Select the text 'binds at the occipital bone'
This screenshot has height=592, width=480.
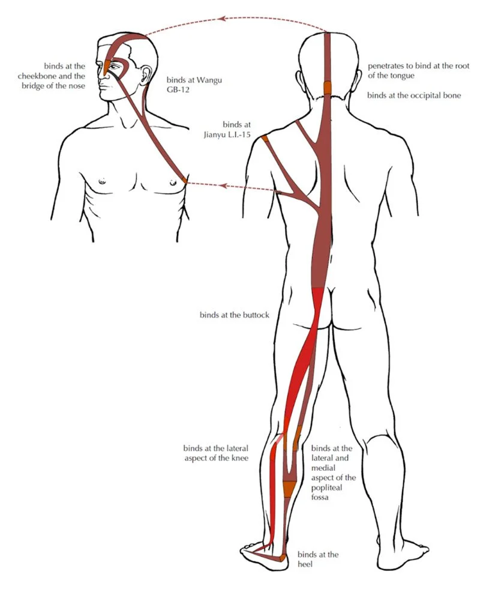click(413, 95)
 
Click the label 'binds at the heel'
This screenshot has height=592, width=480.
click(317, 559)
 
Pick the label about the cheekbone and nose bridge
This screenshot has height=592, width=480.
click(64, 75)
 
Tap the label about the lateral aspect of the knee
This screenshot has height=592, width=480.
click(215, 453)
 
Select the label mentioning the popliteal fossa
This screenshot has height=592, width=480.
click(334, 473)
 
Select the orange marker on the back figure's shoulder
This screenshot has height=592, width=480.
click(264, 139)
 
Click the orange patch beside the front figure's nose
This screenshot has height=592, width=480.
click(109, 66)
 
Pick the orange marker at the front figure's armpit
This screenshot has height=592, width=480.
click(184, 180)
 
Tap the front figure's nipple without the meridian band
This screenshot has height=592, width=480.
click(102, 181)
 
